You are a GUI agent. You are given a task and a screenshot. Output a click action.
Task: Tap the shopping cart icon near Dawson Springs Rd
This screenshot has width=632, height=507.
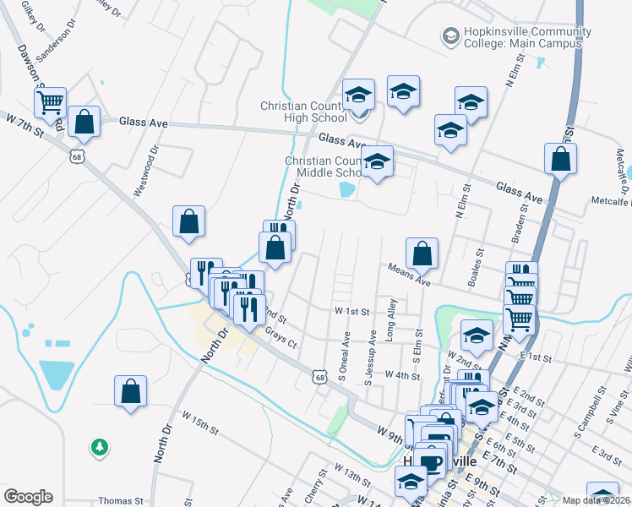[x=50, y=102]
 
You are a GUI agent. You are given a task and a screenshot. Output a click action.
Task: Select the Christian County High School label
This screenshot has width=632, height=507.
[x=303, y=112]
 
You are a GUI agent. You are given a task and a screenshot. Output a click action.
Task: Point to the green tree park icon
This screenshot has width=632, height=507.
[x=100, y=446]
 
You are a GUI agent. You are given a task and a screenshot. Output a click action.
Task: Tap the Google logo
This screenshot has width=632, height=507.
[x=28, y=497]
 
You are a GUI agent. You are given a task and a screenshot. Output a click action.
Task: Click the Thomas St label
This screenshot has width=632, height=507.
[x=115, y=500]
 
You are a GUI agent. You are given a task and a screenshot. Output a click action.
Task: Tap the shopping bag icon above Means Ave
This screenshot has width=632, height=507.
[x=422, y=253]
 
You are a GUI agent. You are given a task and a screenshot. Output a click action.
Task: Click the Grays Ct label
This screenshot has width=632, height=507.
[x=281, y=337]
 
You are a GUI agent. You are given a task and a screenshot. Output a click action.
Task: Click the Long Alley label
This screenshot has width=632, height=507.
[x=390, y=319]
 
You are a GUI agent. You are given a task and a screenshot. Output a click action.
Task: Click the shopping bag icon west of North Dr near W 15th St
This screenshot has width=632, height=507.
[x=131, y=392]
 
